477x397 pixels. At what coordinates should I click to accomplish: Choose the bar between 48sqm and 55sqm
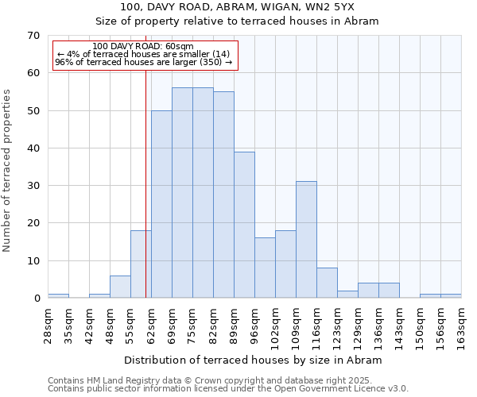pos(120,287)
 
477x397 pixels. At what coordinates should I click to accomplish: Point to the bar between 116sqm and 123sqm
pos(327,283)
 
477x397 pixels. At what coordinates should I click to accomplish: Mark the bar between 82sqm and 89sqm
pos(223,195)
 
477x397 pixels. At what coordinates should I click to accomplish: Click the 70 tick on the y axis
pos(33,36)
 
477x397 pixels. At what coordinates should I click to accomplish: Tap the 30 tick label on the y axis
pos(33,186)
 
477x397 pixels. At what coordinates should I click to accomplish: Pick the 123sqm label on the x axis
pos(337,324)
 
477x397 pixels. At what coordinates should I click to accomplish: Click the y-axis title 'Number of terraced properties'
pos(7,170)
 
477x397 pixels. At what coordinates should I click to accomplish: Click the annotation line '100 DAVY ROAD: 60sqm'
pos(143,47)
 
